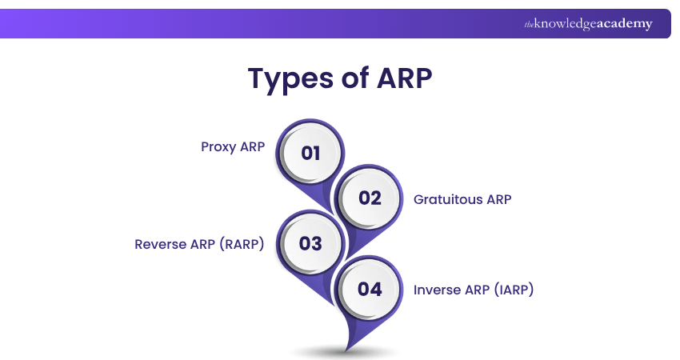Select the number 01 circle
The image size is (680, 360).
(x=310, y=153)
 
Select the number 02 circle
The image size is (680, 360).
(x=370, y=198)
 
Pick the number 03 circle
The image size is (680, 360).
(x=310, y=243)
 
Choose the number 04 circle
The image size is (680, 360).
(x=370, y=289)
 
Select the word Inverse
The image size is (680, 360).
(x=437, y=290)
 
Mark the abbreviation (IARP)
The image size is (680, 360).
(x=513, y=290)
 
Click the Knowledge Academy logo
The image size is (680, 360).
(x=588, y=24)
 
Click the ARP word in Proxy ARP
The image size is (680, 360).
(x=252, y=148)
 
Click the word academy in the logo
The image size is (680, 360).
(x=624, y=24)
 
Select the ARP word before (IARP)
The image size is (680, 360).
(x=476, y=290)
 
